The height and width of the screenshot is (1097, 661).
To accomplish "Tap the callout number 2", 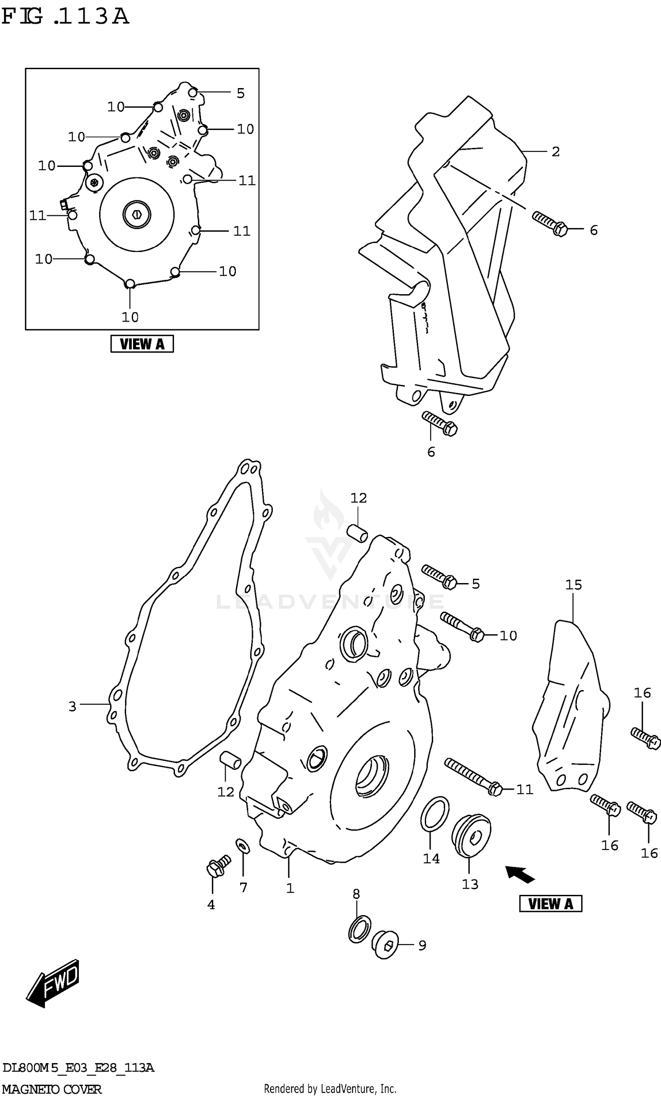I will click(555, 152).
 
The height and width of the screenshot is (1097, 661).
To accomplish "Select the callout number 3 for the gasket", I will click(72, 706).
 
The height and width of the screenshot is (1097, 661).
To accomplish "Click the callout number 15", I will click(573, 585).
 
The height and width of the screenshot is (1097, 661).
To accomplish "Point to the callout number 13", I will click(469, 884).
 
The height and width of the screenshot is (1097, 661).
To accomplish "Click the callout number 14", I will click(431, 858).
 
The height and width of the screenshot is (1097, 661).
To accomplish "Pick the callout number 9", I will click(422, 945).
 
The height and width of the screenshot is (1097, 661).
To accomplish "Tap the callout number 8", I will click(356, 894).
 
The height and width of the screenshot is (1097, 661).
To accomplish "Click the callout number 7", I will click(243, 887).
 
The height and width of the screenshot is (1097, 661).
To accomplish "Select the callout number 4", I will click(211, 905).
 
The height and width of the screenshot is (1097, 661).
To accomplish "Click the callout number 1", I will click(290, 888).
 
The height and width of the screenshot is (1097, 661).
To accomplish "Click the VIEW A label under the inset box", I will click(142, 344).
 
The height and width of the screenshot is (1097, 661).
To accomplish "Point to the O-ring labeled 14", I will click(434, 813).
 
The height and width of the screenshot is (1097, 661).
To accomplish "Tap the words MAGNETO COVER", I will click(52, 1090).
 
